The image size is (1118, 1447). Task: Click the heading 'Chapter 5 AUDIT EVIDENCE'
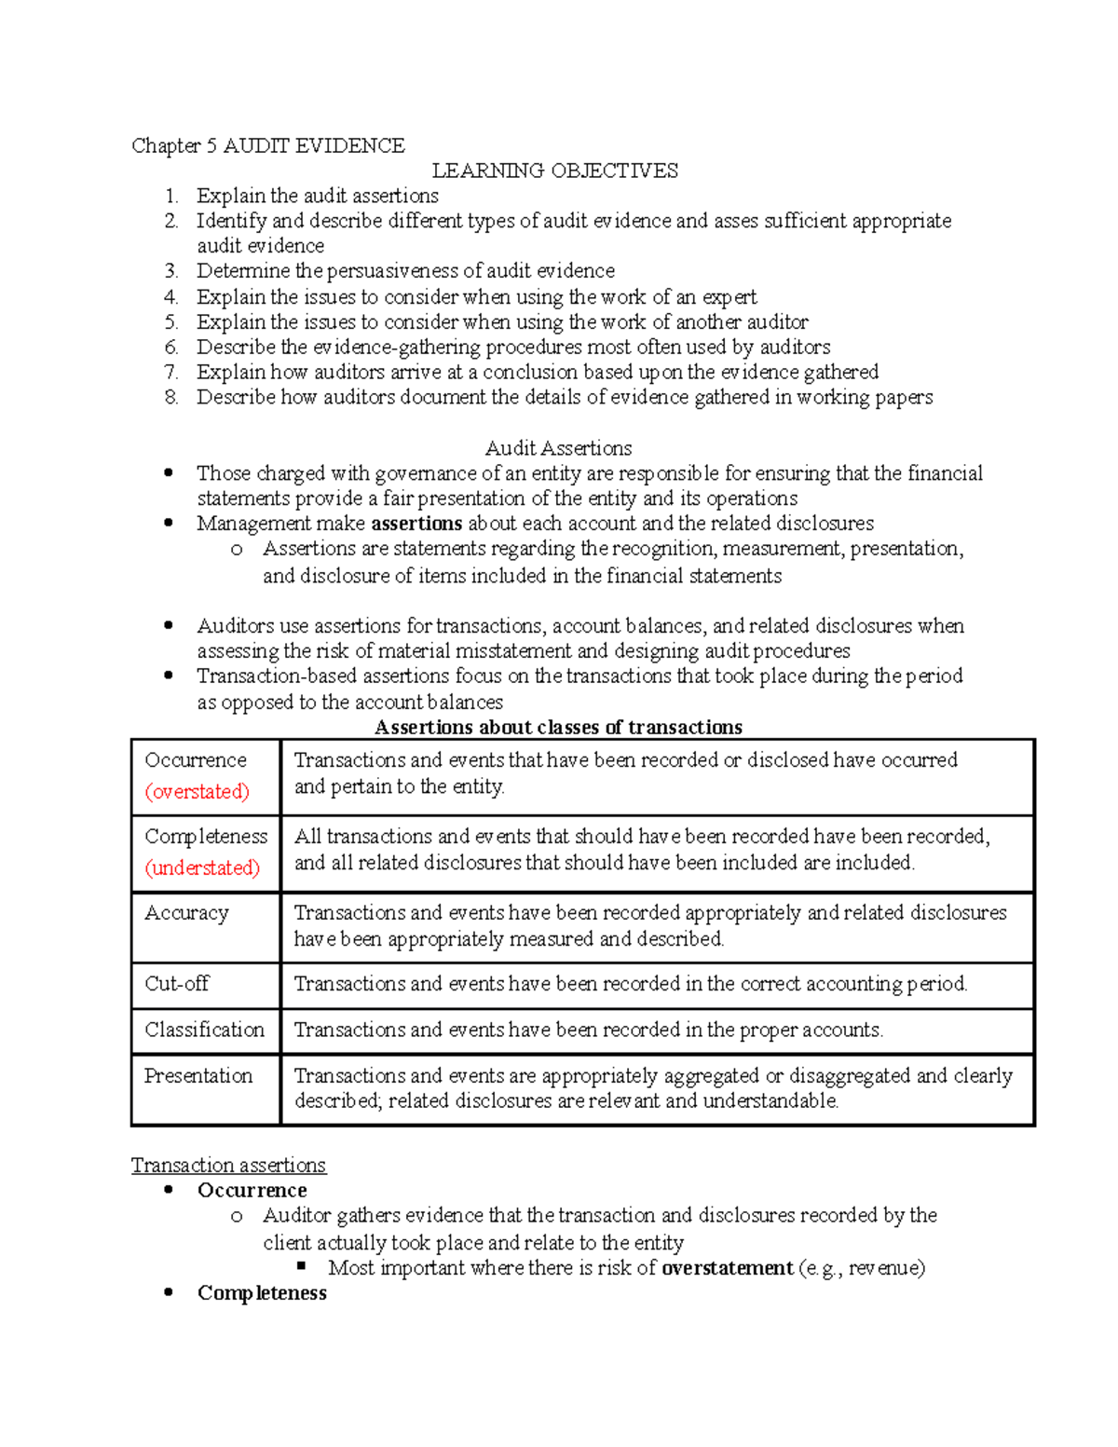click(x=267, y=145)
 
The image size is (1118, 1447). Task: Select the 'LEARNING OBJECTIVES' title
click(x=554, y=171)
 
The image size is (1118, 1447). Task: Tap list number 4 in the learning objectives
click(x=170, y=297)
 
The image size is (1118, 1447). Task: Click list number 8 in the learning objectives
click(x=170, y=398)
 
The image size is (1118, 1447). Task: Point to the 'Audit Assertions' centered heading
click(x=558, y=448)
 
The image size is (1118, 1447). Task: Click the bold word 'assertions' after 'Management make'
click(x=416, y=524)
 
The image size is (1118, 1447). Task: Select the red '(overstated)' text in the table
click(x=197, y=792)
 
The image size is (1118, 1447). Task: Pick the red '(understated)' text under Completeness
click(x=202, y=868)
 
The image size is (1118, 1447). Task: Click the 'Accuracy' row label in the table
click(x=186, y=913)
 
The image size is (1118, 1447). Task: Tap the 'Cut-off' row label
click(x=177, y=984)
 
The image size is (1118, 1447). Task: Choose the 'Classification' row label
click(x=204, y=1030)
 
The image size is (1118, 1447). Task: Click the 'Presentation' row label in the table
click(x=198, y=1076)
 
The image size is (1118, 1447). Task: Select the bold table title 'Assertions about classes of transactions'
click(x=558, y=728)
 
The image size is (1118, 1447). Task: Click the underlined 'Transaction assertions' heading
click(x=228, y=1166)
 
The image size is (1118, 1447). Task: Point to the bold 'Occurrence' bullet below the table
click(x=252, y=1191)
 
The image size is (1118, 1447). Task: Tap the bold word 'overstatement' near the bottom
click(x=727, y=1268)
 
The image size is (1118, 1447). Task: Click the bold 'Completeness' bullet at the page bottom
click(x=262, y=1293)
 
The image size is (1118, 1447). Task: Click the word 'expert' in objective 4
click(x=729, y=297)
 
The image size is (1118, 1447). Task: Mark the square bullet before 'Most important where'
click(x=301, y=1266)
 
